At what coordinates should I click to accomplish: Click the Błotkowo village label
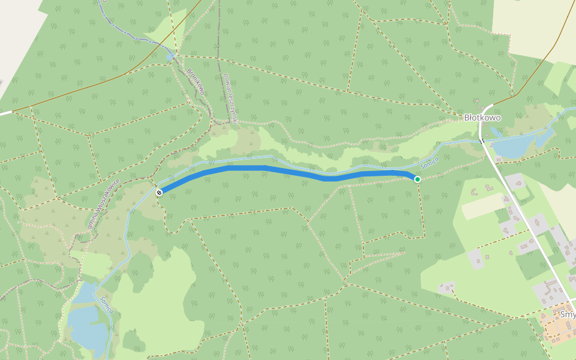[482, 118]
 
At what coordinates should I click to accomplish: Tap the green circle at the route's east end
[417, 179]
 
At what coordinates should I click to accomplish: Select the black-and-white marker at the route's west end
[159, 192]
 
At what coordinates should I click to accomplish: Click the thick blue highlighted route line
[288, 170]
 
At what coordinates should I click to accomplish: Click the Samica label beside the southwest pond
[107, 305]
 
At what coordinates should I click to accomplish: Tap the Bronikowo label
[196, 82]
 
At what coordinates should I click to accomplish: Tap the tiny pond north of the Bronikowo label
[170, 56]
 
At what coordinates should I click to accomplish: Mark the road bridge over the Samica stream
[481, 140]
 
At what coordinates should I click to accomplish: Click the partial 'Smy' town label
[567, 314]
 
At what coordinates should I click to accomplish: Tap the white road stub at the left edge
[5, 112]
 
